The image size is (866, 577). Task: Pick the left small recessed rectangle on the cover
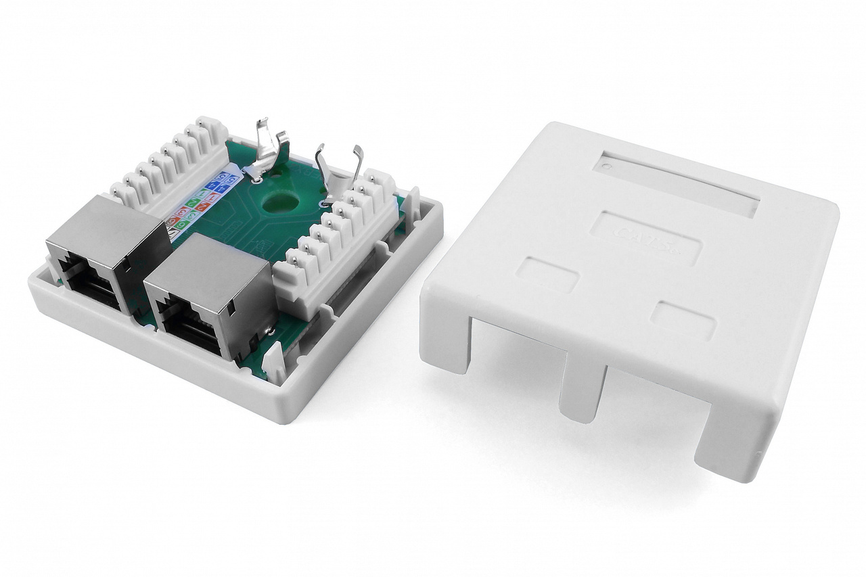tap(547, 273)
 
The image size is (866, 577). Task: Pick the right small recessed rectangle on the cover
tap(683, 320)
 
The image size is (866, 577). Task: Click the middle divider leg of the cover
tap(580, 392)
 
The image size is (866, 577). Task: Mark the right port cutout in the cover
tap(653, 406)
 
